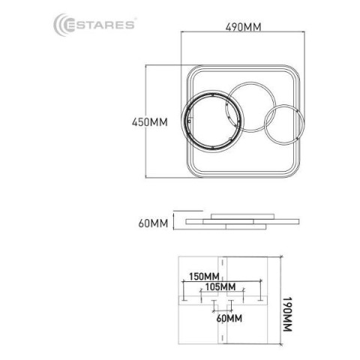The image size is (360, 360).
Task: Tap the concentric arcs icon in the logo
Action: [61, 25]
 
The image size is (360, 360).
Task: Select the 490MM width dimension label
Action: [243, 27]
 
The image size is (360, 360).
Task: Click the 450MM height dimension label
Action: [150, 122]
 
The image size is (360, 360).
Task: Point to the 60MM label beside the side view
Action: [153, 223]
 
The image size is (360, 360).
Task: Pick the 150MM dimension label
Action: [204, 277]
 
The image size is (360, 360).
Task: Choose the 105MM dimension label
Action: [220, 286]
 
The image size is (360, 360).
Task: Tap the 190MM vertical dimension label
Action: [287, 314]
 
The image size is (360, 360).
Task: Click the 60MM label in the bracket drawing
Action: [229, 319]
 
